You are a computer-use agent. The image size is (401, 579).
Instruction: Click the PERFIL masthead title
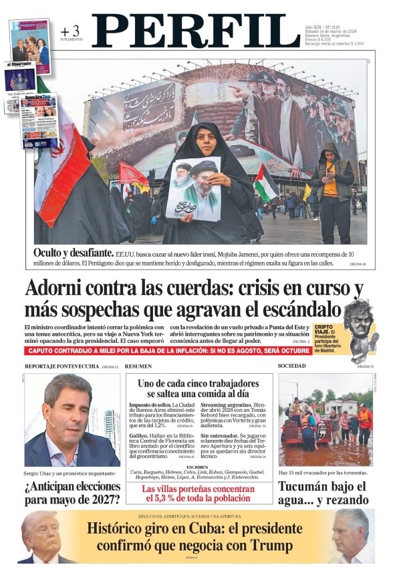point(195,31)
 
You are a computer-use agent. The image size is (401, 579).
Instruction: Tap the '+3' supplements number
point(70,31)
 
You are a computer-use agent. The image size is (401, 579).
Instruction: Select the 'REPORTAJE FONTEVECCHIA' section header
point(61,366)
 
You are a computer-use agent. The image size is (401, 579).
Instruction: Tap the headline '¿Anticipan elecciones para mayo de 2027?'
point(72,491)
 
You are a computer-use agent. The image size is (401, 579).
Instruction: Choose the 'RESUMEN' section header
point(138,366)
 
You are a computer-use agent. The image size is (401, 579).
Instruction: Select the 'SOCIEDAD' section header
point(291,366)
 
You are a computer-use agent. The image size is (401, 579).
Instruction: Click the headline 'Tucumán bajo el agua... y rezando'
point(323,492)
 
